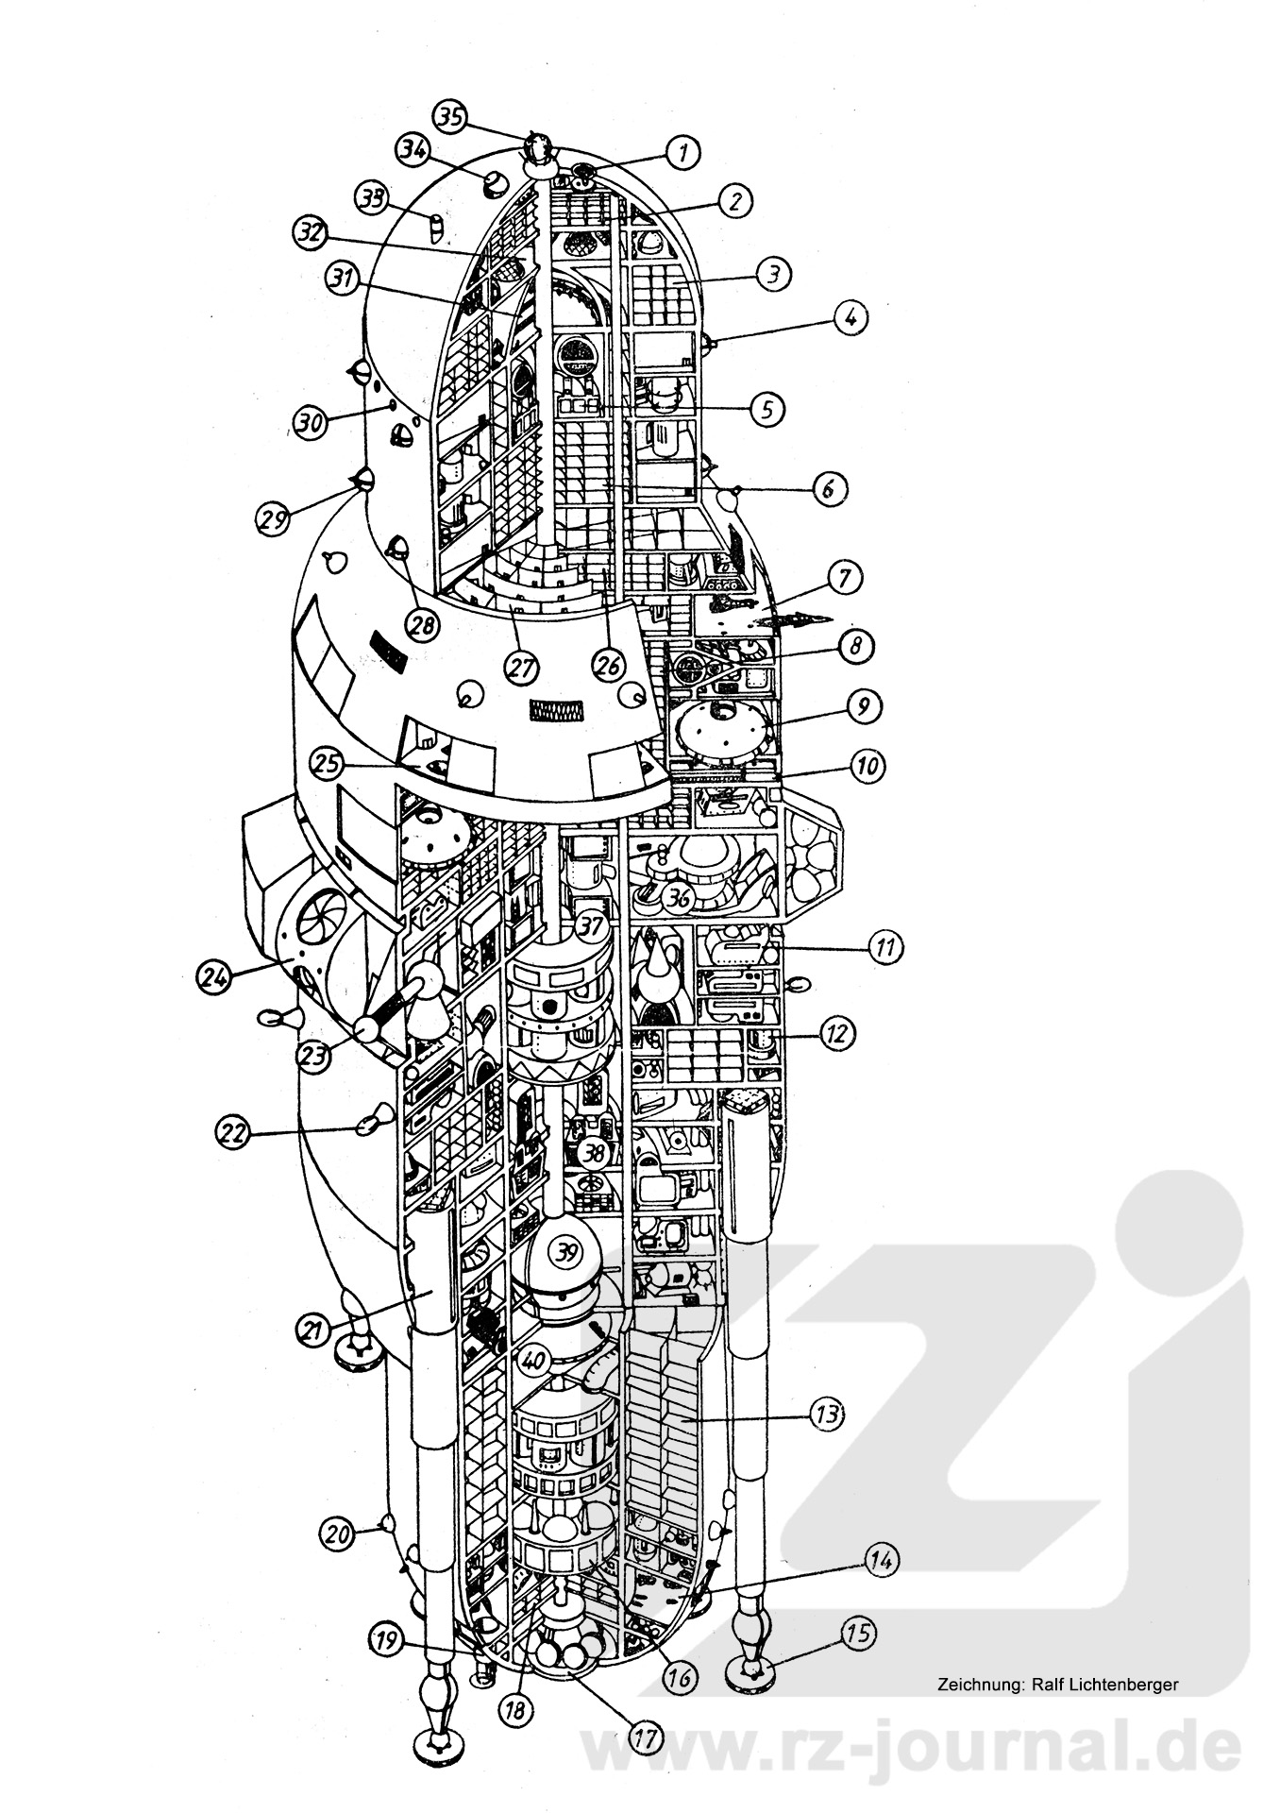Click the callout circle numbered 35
click(450, 117)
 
